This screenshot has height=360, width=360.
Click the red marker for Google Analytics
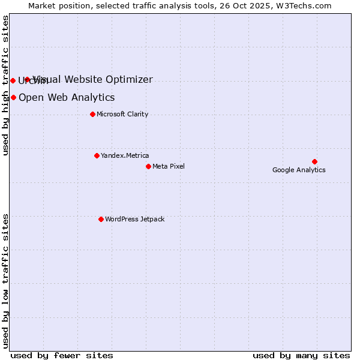[x=314, y=161]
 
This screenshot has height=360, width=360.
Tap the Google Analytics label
[x=299, y=170]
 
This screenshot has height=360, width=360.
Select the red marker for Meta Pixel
[x=148, y=166]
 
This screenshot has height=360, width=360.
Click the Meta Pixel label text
[x=169, y=166]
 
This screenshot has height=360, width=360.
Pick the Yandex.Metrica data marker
[x=97, y=155]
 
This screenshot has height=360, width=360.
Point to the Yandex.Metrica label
[x=125, y=155]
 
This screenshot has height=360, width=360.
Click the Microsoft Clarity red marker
[x=92, y=114]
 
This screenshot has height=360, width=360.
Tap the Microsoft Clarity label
[x=122, y=114]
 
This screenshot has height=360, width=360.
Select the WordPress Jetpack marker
[x=101, y=219]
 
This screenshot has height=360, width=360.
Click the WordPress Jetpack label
[x=134, y=219]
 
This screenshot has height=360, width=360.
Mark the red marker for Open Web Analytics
[x=13, y=97]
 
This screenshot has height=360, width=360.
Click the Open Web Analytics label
[x=67, y=97]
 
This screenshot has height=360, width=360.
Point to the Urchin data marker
[x=13, y=80]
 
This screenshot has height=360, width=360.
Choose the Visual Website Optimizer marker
[x=27, y=79]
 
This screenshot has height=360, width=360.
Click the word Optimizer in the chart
[x=130, y=79]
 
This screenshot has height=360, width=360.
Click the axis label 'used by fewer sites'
[x=62, y=355]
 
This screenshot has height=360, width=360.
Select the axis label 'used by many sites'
[x=301, y=355]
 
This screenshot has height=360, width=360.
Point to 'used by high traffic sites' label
[x=6, y=85]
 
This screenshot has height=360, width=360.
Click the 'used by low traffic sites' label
[x=6, y=280]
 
